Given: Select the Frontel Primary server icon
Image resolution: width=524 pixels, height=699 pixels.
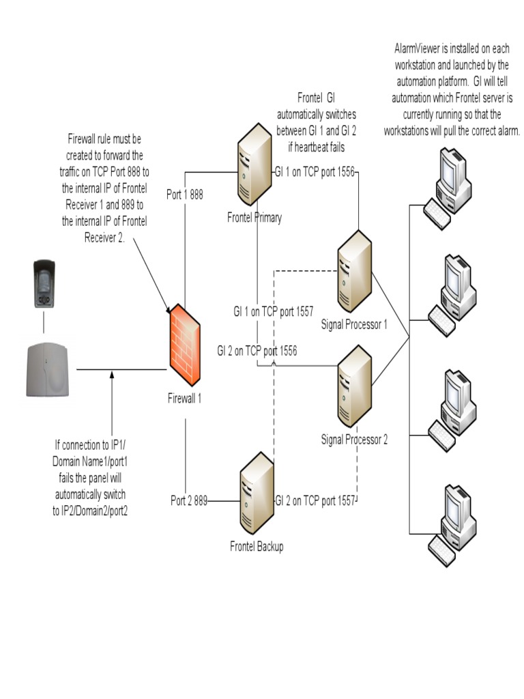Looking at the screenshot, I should point(254,165).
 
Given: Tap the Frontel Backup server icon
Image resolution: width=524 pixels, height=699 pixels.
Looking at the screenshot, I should point(256,497).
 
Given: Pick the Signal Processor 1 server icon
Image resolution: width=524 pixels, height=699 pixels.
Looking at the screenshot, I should point(354,272).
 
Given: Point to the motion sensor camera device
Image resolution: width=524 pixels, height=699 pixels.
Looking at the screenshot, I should point(44,283).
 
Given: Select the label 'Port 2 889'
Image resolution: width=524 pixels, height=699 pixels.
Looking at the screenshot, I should point(189,500).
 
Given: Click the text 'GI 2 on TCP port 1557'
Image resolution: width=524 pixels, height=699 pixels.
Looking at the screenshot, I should point(315,500).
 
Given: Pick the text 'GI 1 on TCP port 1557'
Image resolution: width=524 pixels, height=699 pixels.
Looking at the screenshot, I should point(273,311).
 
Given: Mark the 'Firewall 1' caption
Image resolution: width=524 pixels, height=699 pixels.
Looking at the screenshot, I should point(184,398).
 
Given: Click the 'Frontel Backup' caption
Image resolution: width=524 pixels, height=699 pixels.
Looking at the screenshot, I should point(257,546).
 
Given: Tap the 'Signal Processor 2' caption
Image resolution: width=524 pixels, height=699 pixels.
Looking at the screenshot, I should point(354,440).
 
